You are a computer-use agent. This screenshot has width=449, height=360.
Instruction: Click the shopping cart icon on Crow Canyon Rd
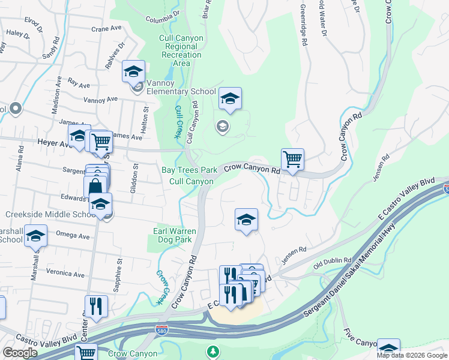292,160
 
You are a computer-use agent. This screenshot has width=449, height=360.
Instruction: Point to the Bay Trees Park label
189,170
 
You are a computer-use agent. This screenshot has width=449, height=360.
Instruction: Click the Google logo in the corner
20,353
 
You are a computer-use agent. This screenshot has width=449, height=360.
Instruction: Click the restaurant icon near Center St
96,307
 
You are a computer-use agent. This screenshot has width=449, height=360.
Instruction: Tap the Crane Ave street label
106,28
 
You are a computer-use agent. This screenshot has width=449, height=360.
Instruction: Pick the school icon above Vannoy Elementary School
133,72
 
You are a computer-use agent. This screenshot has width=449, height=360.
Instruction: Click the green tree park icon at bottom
211,351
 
